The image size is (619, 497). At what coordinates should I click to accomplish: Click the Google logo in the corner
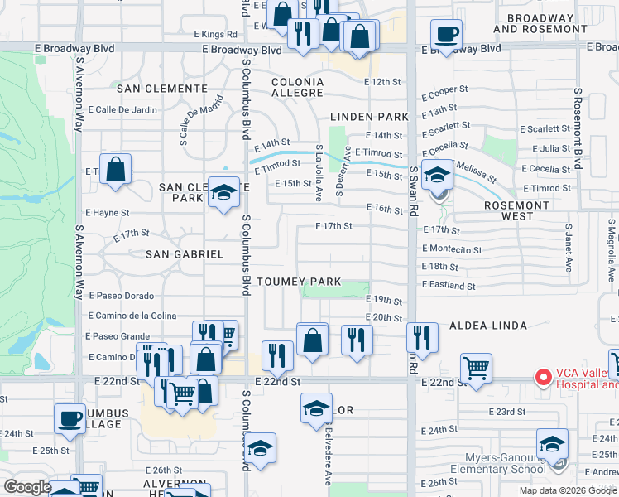pos(26,487)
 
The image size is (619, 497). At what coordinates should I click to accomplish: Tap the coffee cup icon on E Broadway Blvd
pos(446,35)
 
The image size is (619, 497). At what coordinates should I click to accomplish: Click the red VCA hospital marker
pos(543,378)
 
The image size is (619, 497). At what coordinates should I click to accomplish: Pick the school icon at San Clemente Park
pos(222,194)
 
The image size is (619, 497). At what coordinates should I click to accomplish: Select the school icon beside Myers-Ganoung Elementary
pos(552,444)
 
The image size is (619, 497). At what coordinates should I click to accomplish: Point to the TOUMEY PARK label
pos(299,282)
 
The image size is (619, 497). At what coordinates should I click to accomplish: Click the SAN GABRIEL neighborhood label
pos(185,254)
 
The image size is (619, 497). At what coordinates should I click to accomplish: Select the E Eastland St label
pos(449,286)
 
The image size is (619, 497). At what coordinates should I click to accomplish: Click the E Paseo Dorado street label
pos(122,296)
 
